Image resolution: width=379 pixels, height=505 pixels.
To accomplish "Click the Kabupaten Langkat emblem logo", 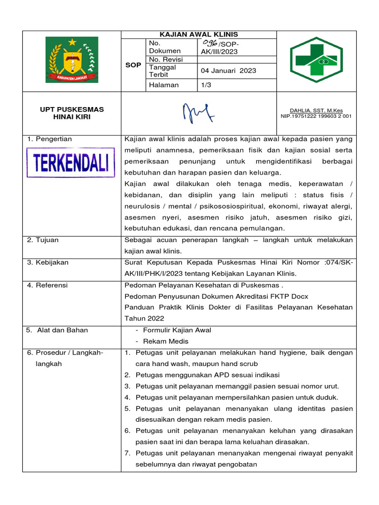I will (x=72, y=60).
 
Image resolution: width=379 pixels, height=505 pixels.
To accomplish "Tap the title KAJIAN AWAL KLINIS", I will (x=199, y=35).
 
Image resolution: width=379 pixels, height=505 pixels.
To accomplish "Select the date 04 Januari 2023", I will (x=228, y=71).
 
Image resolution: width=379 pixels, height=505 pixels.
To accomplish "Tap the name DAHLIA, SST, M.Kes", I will (x=316, y=110).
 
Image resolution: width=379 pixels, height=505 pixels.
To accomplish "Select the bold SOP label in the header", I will (x=133, y=65).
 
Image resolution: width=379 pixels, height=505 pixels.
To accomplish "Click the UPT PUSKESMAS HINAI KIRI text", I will (x=72, y=113).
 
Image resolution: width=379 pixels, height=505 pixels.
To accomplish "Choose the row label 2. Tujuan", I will (x=43, y=240).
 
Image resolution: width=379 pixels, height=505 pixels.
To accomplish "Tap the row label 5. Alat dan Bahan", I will (x=57, y=330).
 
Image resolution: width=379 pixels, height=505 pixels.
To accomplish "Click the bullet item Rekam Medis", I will (x=165, y=341).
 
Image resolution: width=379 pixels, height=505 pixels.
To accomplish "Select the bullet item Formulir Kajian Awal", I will (x=177, y=330).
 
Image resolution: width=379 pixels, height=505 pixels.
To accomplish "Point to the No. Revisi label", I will (x=166, y=59).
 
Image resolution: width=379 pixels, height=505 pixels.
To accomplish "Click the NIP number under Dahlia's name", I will (x=316, y=116).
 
